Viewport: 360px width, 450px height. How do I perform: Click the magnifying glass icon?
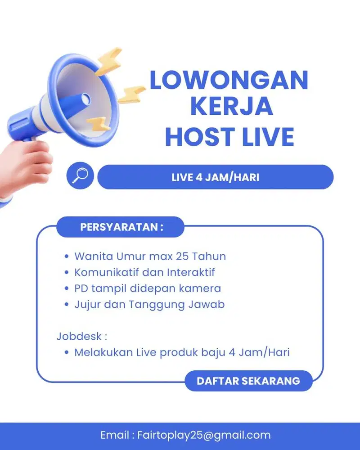80,175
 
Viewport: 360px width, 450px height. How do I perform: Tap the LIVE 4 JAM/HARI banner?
215,177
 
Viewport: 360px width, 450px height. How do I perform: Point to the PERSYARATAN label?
121,227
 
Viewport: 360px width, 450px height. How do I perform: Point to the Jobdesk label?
82,336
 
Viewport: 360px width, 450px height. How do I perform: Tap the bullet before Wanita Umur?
67,257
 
